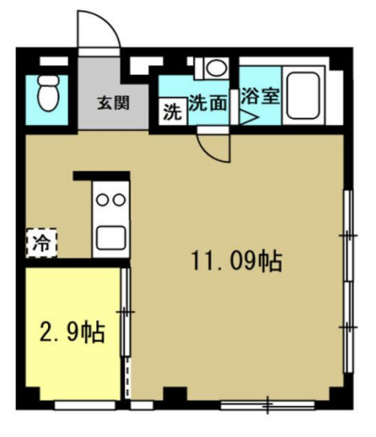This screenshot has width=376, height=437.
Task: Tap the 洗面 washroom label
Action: (x=207, y=104)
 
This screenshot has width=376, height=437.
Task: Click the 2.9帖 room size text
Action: (x=73, y=332)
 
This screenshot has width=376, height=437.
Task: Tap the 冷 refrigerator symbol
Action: (x=40, y=244)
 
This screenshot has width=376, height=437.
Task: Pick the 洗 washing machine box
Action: (x=172, y=110)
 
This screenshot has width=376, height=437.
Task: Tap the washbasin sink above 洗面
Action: (x=215, y=68)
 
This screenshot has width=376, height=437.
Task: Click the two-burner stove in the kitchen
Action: (x=110, y=201)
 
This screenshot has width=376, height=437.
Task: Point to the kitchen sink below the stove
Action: (x=110, y=236)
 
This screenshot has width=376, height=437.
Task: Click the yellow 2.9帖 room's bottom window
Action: (x=85, y=404)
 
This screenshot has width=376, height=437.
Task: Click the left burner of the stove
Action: (x=102, y=201)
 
